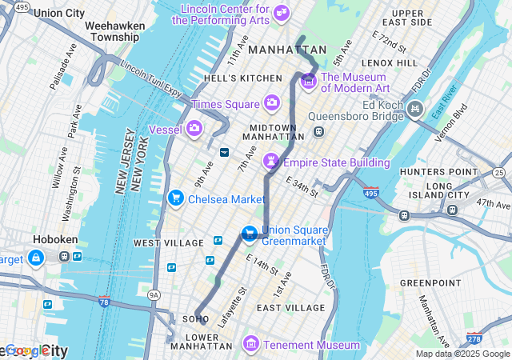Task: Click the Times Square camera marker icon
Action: (271, 102)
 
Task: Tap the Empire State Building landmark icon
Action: (271, 162)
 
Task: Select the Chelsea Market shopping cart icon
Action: (175, 198)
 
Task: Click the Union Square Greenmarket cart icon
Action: (250, 234)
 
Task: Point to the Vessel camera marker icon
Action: (194, 128)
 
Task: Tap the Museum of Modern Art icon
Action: (308, 82)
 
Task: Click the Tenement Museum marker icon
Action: (251, 344)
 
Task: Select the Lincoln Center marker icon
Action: (281, 13)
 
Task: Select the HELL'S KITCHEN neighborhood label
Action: (243, 78)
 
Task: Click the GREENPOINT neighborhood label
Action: (430, 283)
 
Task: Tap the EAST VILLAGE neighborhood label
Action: (290, 307)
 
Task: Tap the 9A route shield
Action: (154, 295)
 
